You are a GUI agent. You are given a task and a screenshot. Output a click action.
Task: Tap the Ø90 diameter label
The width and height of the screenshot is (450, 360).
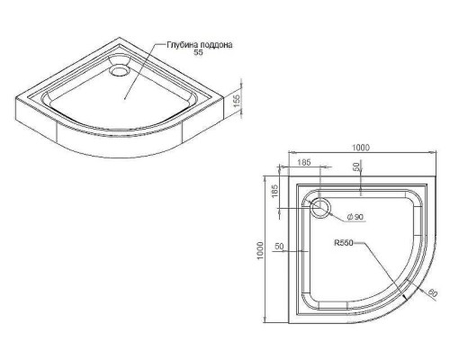353,217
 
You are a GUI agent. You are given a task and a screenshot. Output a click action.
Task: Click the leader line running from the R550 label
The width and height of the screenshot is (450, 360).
378,261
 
